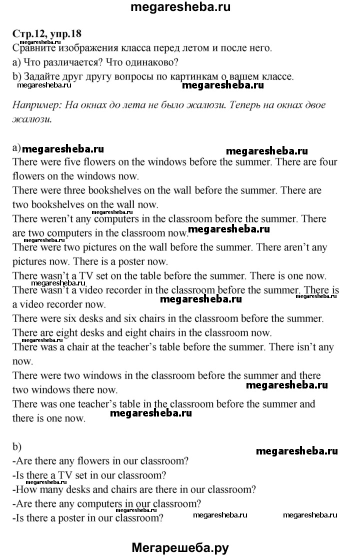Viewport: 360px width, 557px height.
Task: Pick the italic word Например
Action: (x=34, y=105)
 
